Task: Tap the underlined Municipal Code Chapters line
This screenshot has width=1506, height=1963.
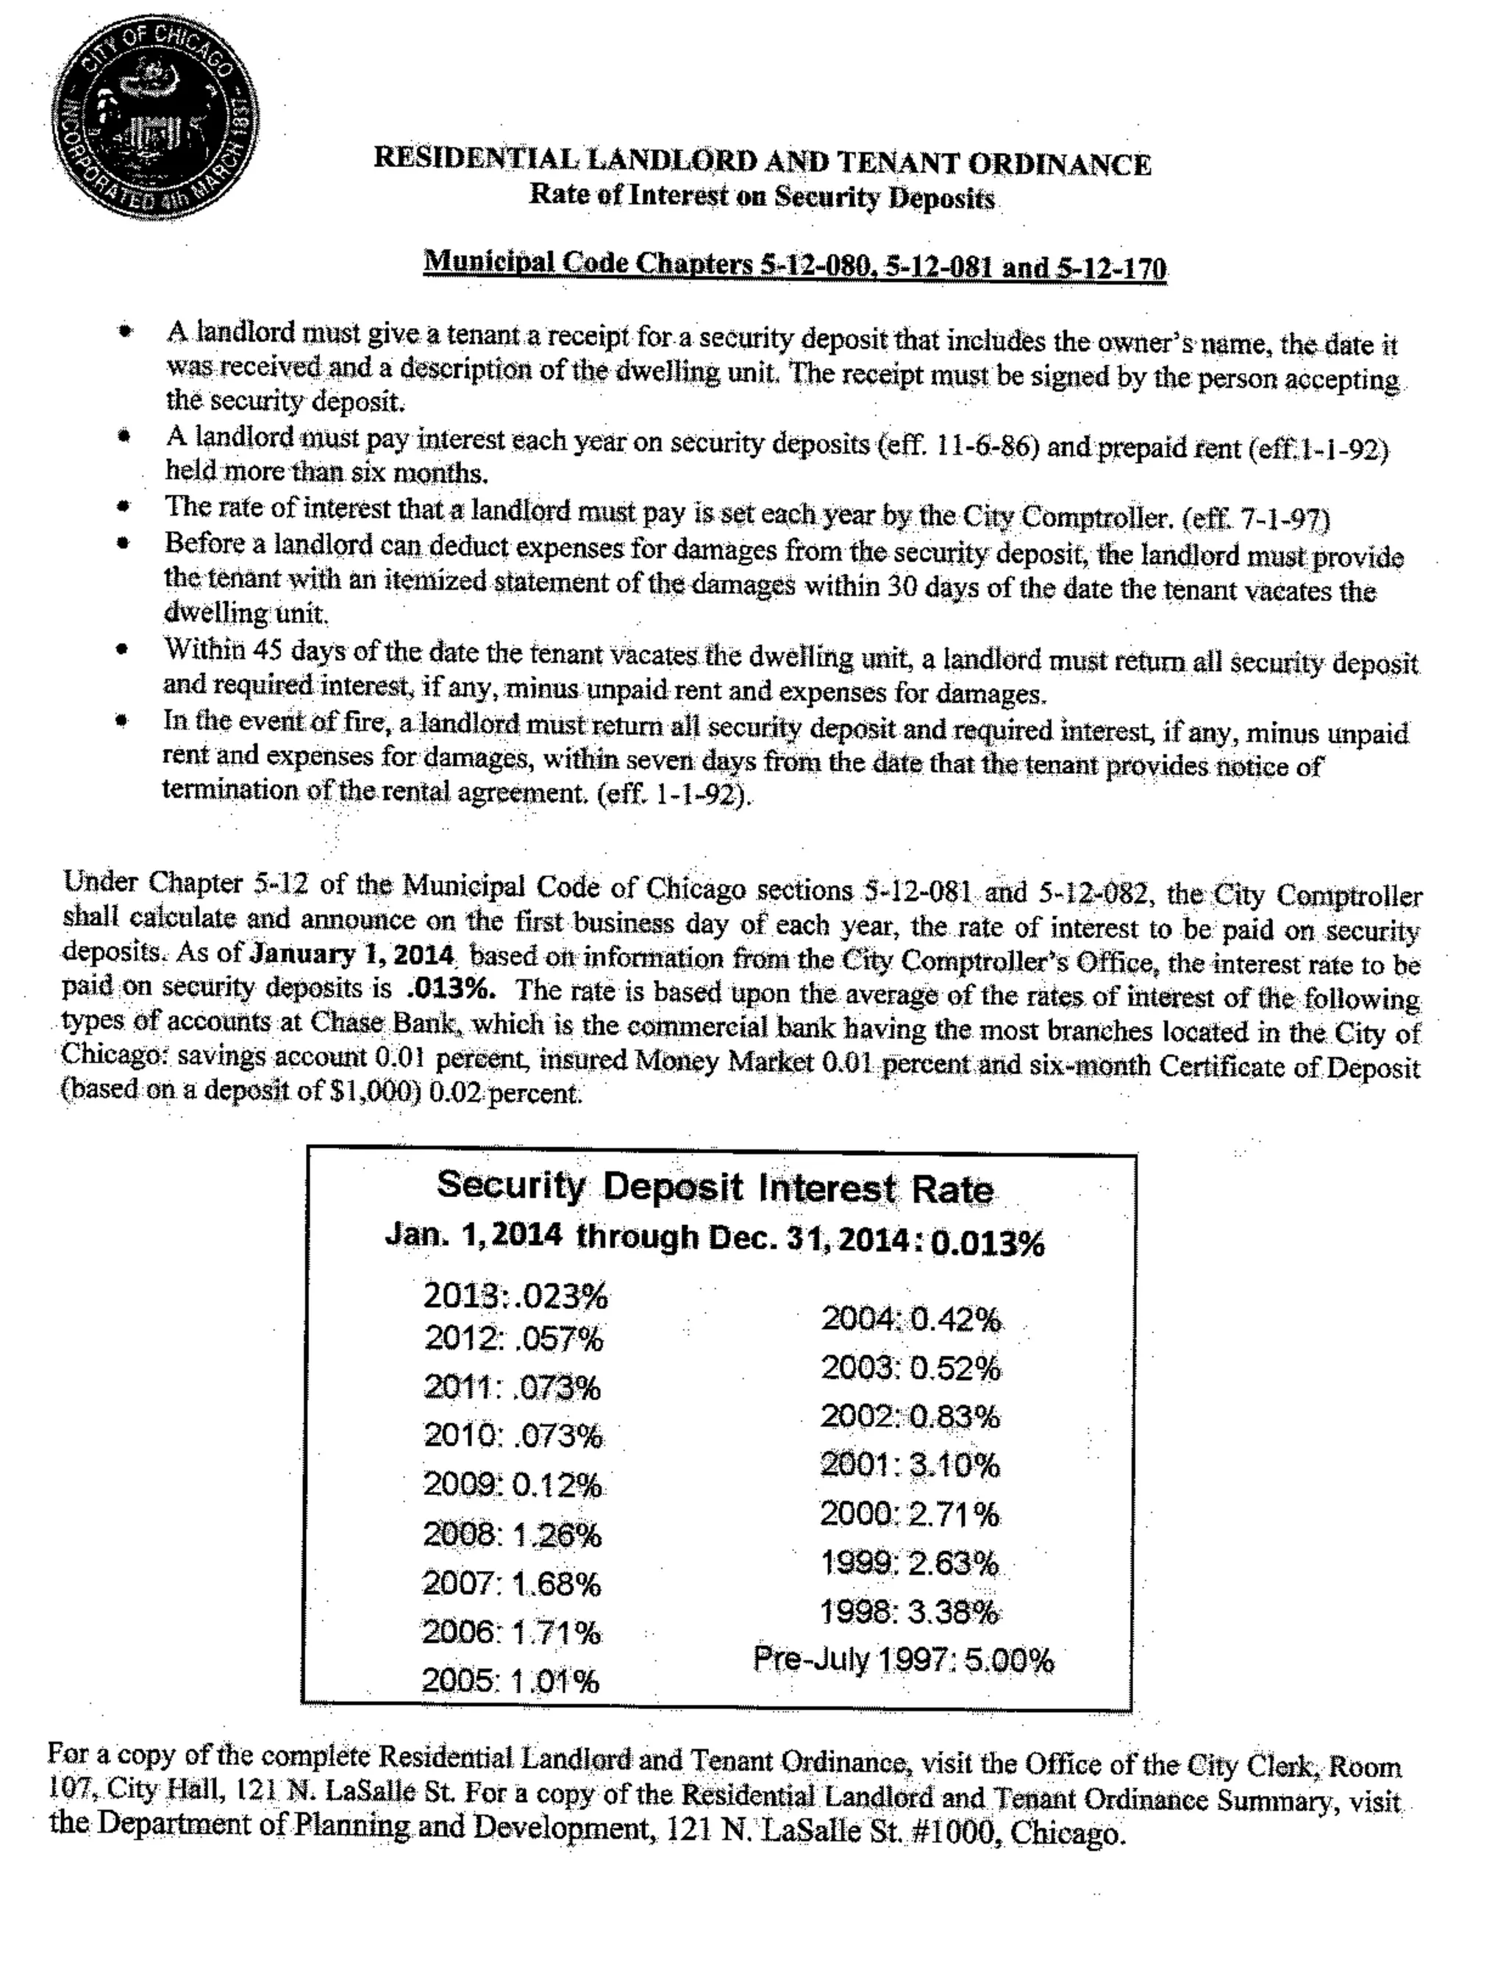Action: pos(794,266)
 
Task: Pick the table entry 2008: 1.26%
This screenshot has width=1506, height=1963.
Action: pos(512,1536)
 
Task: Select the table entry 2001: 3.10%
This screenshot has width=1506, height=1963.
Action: pos(910,1466)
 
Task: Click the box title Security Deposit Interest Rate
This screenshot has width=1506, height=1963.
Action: pos(715,1188)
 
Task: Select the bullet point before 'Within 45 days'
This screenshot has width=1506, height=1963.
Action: pos(124,649)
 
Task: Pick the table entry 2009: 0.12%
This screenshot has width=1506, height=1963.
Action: pos(512,1486)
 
